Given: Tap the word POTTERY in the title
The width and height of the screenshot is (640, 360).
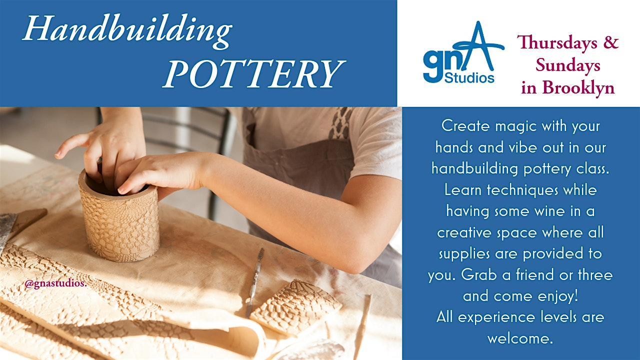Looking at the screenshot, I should point(253,73).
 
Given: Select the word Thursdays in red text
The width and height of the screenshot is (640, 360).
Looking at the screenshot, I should point(553,42).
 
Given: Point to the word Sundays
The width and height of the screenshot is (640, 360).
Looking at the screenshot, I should point(568,65).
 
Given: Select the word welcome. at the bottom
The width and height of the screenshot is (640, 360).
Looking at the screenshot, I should point(520,338).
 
